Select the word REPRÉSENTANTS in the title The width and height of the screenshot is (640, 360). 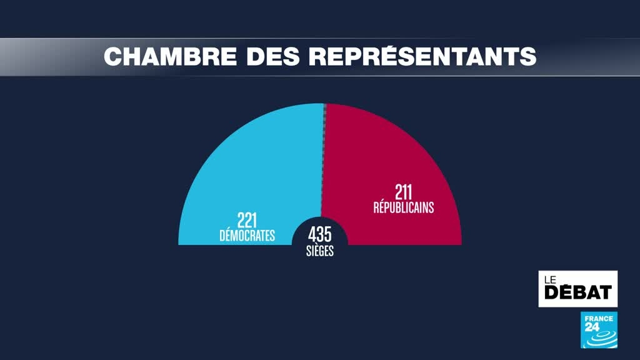click(422, 56)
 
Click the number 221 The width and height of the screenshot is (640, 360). click(247, 221)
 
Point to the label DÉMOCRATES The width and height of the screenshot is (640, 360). click(247, 236)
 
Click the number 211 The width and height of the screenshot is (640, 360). click(404, 192)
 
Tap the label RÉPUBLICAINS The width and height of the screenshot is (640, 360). click(404, 207)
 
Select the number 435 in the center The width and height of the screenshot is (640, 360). click(320, 235)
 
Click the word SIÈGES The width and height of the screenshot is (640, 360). click(320, 251)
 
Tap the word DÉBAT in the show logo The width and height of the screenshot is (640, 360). click(578, 292)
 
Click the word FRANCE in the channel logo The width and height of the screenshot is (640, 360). click(599, 317)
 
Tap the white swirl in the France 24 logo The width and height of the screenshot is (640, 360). click(601, 338)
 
